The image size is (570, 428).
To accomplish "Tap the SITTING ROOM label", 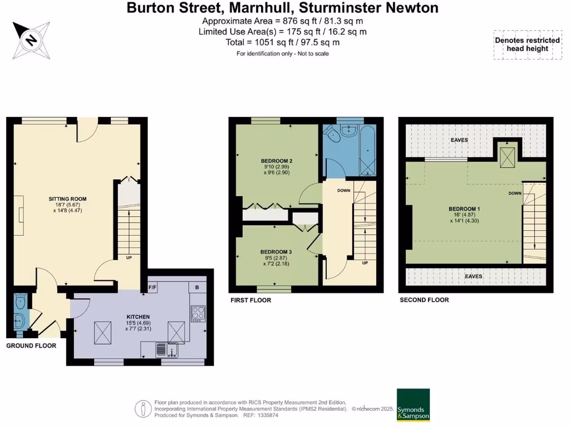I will tap(67, 199).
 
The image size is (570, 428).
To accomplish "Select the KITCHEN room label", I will tap(139, 317).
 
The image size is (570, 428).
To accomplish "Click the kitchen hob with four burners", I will tap(198, 314).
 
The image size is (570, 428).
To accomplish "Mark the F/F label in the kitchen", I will tap(152, 288).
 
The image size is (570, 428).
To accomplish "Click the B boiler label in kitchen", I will tap(197, 288).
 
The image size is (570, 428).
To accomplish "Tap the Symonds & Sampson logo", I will tap(412, 404).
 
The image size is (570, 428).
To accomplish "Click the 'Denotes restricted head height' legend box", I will tap(527, 45).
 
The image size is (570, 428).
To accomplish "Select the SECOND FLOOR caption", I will tap(424, 300).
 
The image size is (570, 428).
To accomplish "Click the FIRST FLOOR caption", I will tap(251, 300).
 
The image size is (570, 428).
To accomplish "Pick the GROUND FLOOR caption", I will tap(31, 346).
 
